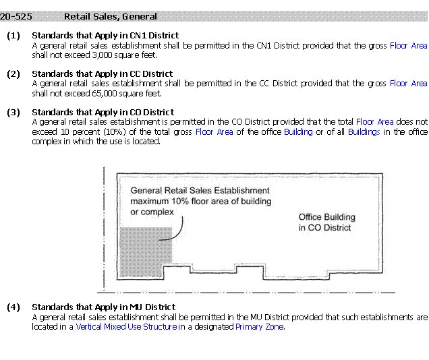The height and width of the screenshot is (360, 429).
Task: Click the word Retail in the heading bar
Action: [78, 16]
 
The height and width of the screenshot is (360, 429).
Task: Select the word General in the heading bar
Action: [140, 16]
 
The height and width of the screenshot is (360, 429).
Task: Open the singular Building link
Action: [298, 132]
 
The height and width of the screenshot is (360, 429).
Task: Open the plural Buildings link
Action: [364, 132]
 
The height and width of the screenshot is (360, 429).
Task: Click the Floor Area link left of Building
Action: [214, 132]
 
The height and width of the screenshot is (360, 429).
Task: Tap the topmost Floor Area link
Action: [409, 46]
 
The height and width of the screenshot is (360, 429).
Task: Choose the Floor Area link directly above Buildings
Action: [375, 122]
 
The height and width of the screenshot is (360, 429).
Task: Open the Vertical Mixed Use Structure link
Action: [127, 327]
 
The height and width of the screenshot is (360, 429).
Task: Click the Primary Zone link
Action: [260, 327]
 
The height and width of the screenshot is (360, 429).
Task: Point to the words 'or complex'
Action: [152, 212]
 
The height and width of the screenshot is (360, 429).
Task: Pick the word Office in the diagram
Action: [311, 217]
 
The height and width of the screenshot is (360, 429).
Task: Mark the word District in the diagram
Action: [336, 228]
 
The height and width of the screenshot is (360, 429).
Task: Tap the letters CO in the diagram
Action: [314, 228]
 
